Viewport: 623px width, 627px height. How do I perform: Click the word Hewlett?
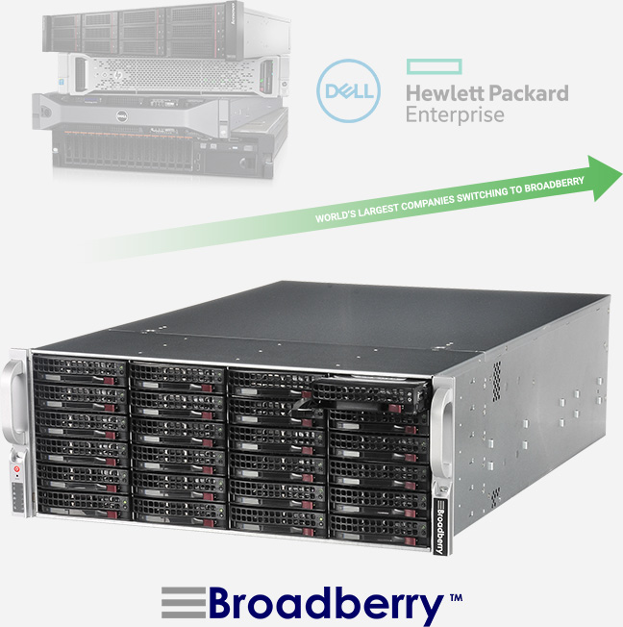coord(442,94)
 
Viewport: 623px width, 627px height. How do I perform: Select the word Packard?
coord(526,94)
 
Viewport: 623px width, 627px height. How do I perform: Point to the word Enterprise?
coord(455,115)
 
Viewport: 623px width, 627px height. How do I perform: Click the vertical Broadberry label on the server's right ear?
coord(439,527)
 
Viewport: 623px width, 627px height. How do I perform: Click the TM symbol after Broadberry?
coord(455,597)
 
